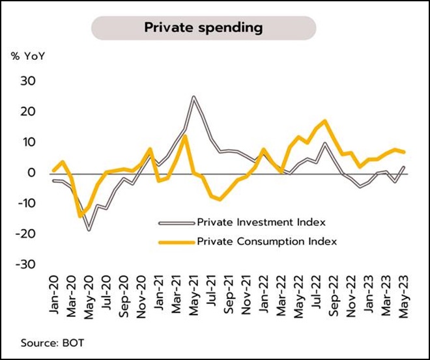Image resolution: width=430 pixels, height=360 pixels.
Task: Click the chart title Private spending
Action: [203, 27]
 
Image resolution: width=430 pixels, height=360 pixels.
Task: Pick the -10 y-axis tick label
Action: [29, 204]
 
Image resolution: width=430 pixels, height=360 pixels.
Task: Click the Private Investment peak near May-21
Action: [193, 97]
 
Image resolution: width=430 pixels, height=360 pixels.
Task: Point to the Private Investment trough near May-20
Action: [89, 230]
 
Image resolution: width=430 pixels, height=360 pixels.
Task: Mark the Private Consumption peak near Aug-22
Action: [324, 121]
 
